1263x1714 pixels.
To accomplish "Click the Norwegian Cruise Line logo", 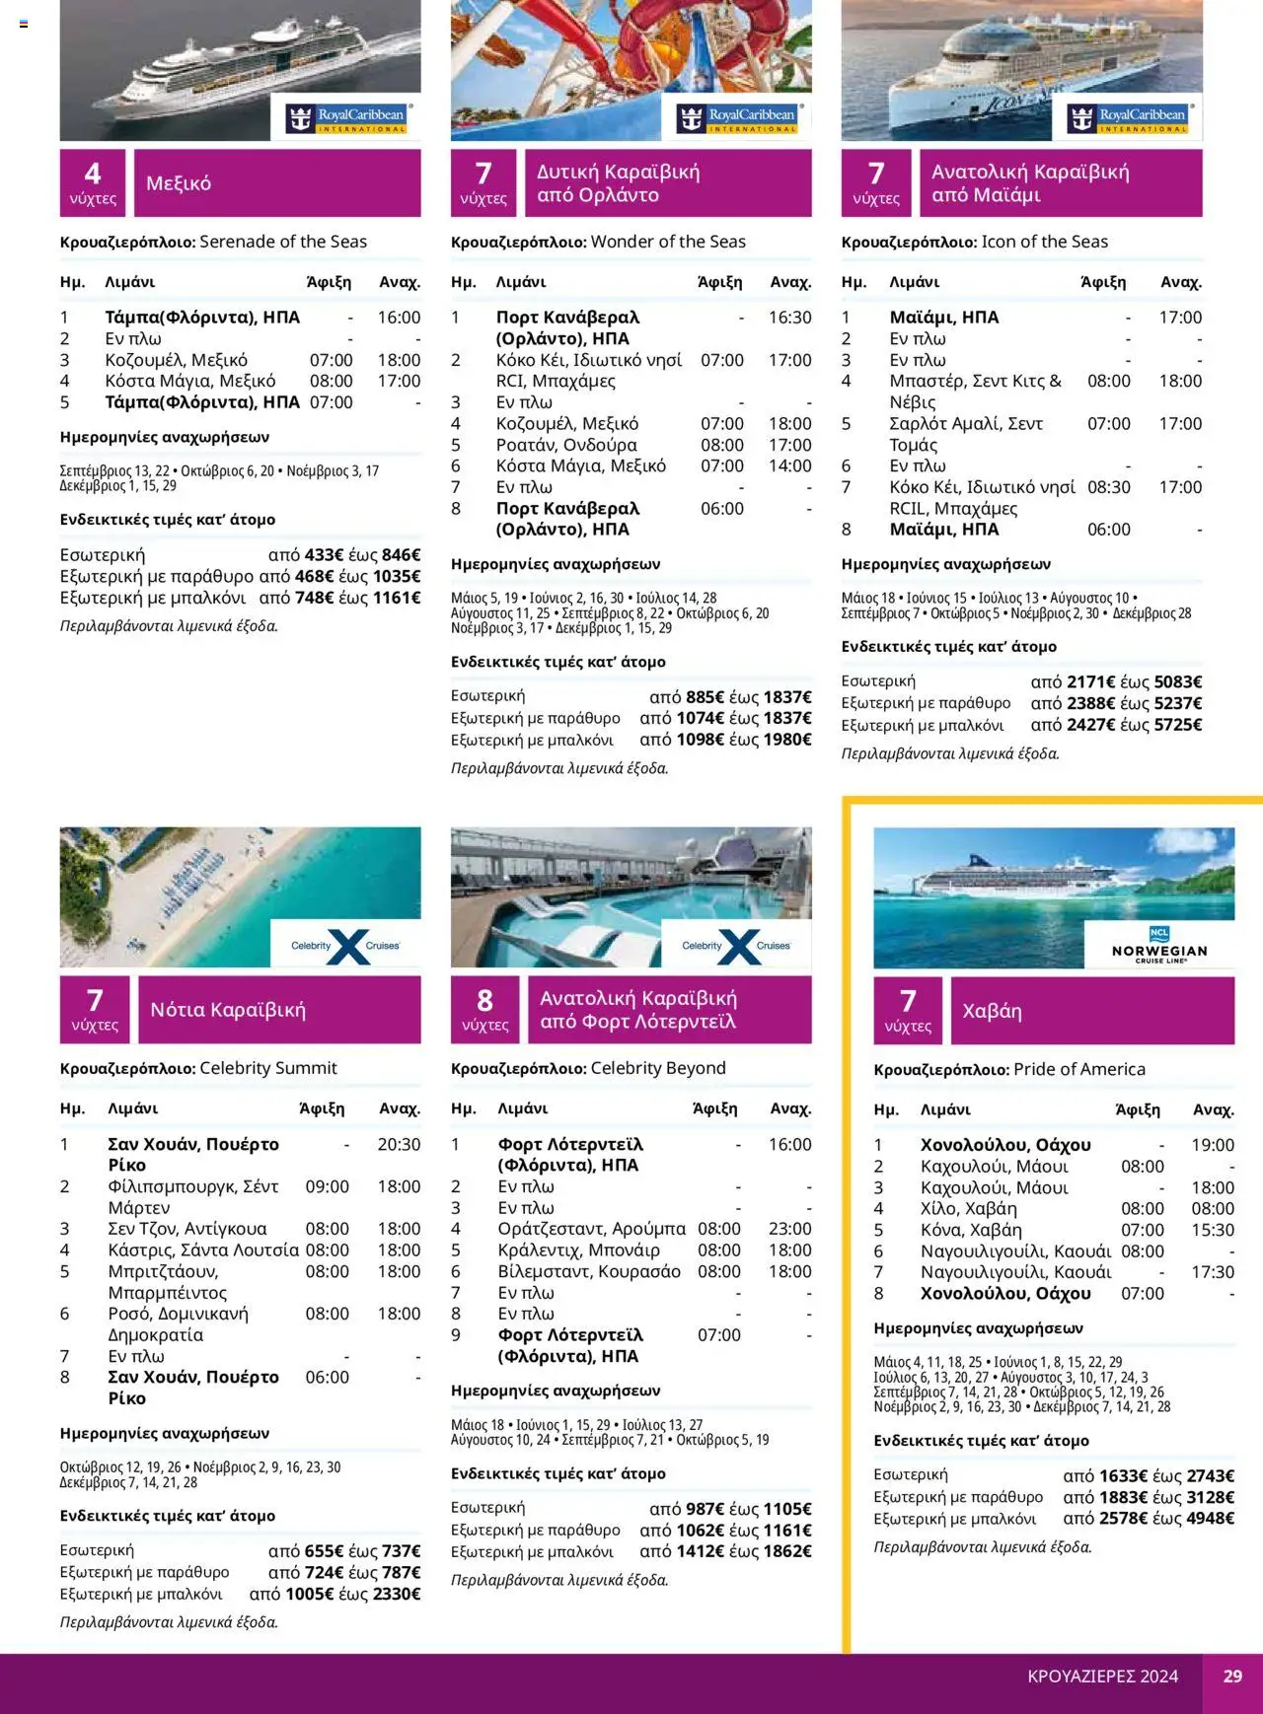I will point(1159,945).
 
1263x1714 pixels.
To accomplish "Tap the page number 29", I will point(1232,1676).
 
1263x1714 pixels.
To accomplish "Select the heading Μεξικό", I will point(179,183).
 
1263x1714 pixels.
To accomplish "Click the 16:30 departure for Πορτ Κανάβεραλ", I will point(789,318).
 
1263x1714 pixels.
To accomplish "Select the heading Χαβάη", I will point(992,1011).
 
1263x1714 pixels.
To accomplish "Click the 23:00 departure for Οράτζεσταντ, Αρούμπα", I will point(789,1229).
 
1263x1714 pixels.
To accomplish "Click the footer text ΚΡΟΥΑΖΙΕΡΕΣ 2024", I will point(1102,1676).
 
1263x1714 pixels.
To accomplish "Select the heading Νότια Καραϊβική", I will point(228,1010).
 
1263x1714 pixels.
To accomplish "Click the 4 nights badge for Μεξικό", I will point(93,183).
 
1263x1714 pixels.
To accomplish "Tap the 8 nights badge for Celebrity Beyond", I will point(484,1010).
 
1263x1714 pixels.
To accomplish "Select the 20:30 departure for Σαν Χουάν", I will point(399,1145).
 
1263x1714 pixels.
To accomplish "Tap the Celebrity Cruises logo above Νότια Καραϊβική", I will point(345,945).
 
